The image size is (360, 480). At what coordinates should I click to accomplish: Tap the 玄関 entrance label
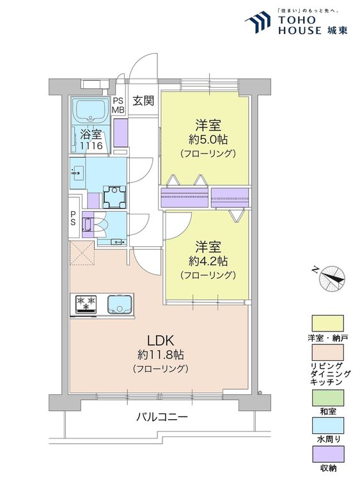click(x=143, y=100)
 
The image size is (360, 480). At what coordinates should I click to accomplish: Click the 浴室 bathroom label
click(x=91, y=134)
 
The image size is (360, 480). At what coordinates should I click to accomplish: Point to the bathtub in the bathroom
click(x=91, y=111)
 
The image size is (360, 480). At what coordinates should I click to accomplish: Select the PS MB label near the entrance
click(x=118, y=105)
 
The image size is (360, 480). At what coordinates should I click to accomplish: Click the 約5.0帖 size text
click(x=208, y=140)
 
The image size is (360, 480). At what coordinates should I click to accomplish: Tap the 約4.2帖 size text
click(x=208, y=261)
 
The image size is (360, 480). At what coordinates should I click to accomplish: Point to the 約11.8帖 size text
click(x=160, y=355)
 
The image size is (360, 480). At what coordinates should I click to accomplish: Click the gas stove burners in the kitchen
click(x=86, y=303)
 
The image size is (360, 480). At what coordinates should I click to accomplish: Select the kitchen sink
click(x=120, y=304)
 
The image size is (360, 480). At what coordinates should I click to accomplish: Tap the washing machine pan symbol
click(x=114, y=197)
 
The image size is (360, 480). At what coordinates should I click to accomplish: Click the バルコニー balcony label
click(x=162, y=417)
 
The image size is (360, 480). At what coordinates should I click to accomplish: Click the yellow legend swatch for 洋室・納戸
click(x=327, y=323)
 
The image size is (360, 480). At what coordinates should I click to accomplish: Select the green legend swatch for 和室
click(x=327, y=397)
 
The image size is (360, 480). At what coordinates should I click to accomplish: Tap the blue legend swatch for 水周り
click(x=327, y=426)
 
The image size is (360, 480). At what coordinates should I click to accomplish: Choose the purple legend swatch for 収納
click(x=327, y=454)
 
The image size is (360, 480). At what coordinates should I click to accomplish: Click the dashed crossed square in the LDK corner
click(x=82, y=253)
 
